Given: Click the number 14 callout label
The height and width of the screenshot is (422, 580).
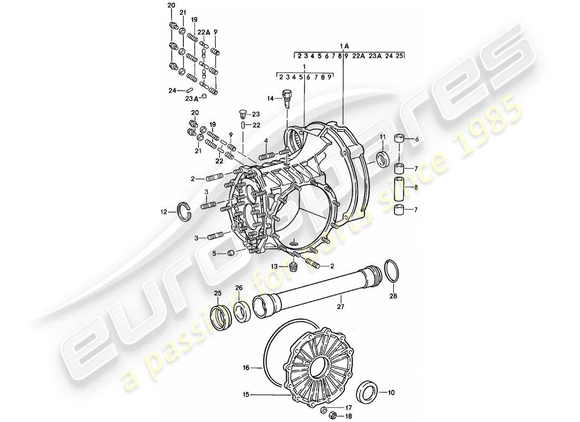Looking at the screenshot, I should point(270,99).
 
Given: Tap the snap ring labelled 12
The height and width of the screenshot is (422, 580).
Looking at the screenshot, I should point(183,211).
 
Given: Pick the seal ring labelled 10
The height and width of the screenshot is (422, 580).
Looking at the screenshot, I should point(366,392).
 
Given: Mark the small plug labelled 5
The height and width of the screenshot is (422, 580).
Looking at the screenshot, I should point(230,254).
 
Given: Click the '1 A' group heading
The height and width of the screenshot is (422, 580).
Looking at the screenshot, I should point(344,46).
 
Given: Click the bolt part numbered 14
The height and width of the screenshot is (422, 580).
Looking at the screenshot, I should point(287,98).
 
